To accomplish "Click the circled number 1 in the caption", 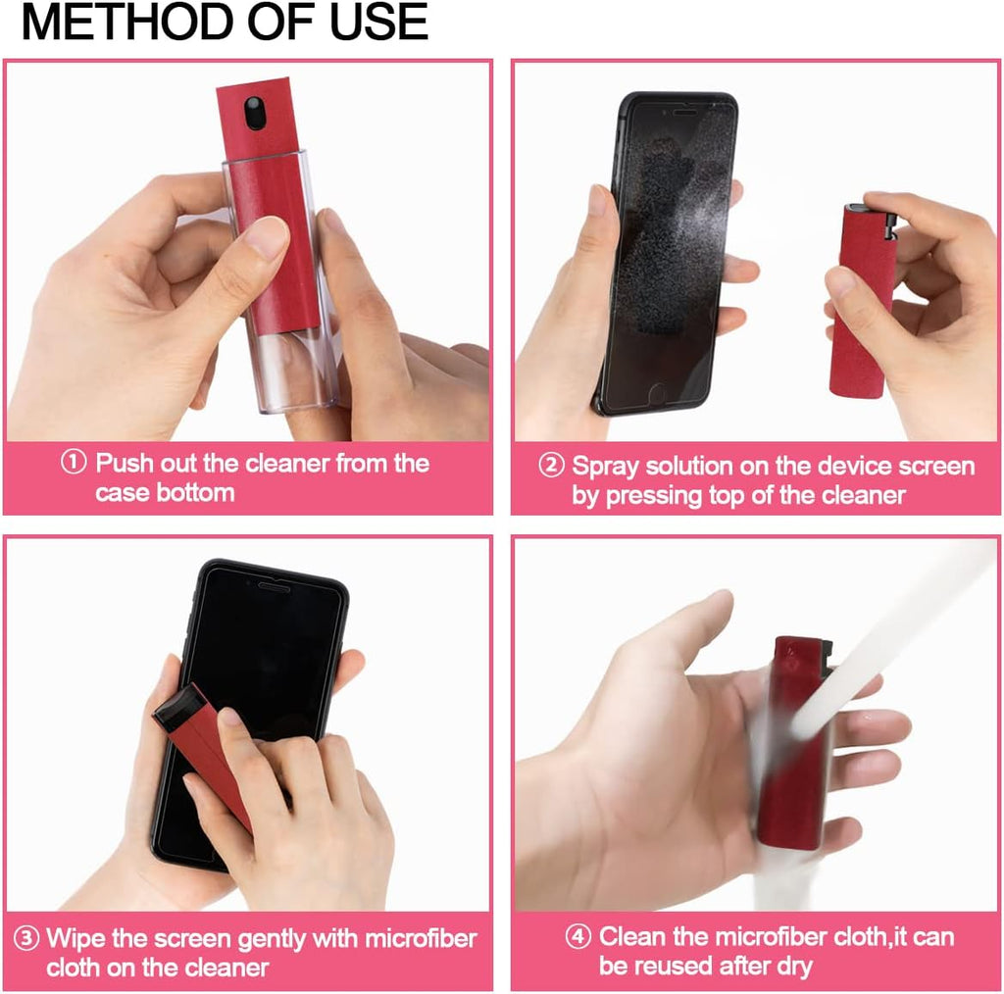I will click(x=75, y=463).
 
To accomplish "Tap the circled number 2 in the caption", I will click(x=551, y=466).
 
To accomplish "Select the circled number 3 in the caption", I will click(x=28, y=938).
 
